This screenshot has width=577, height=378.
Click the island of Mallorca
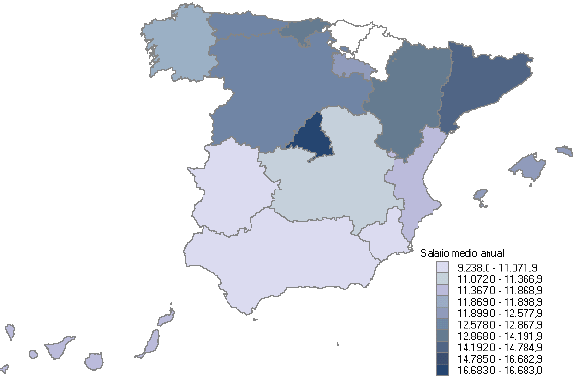click(x=527, y=167)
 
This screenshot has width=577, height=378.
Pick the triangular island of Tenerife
click(x=59, y=348)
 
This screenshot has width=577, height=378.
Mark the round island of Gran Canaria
click(x=96, y=360)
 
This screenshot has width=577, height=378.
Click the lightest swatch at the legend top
click(x=442, y=268)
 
